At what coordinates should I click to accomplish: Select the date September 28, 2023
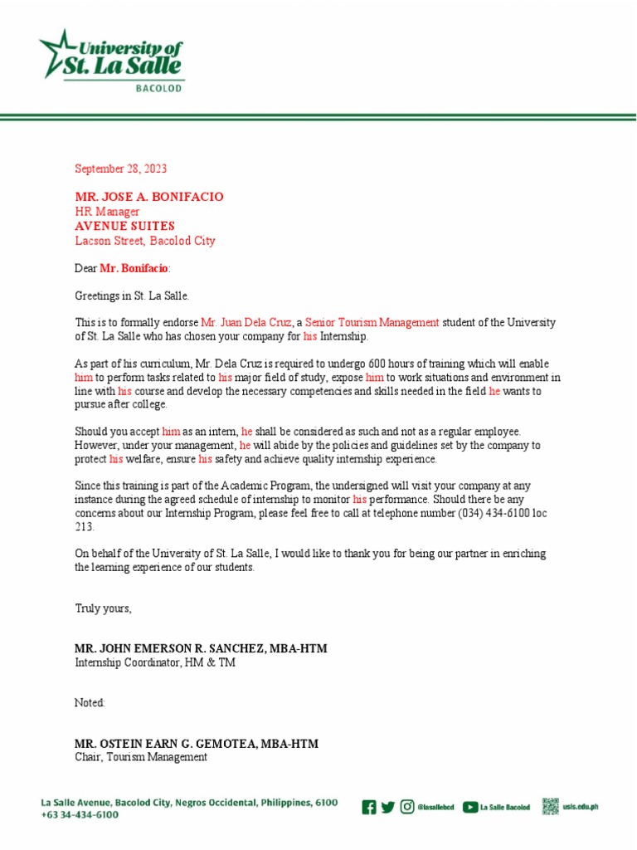click(x=120, y=169)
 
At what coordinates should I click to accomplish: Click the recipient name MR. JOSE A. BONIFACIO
click(x=149, y=197)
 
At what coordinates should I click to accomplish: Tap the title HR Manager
click(x=107, y=212)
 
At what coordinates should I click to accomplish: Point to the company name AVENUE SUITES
click(x=124, y=226)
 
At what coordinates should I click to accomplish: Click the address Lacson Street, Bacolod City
click(x=145, y=241)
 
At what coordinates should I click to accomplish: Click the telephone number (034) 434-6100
click(x=495, y=513)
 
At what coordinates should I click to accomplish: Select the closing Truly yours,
click(x=103, y=608)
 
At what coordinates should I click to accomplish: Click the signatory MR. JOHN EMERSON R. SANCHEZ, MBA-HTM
click(x=195, y=648)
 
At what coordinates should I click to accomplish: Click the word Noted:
click(x=90, y=703)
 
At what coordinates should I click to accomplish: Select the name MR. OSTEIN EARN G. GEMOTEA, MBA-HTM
click(x=197, y=743)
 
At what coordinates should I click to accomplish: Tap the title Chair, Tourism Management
click(x=141, y=757)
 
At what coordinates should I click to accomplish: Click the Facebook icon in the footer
click(x=369, y=807)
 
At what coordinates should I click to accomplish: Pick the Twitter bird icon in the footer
click(x=387, y=807)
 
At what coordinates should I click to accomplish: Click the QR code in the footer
click(x=551, y=806)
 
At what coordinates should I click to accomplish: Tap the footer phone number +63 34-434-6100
click(x=80, y=815)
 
